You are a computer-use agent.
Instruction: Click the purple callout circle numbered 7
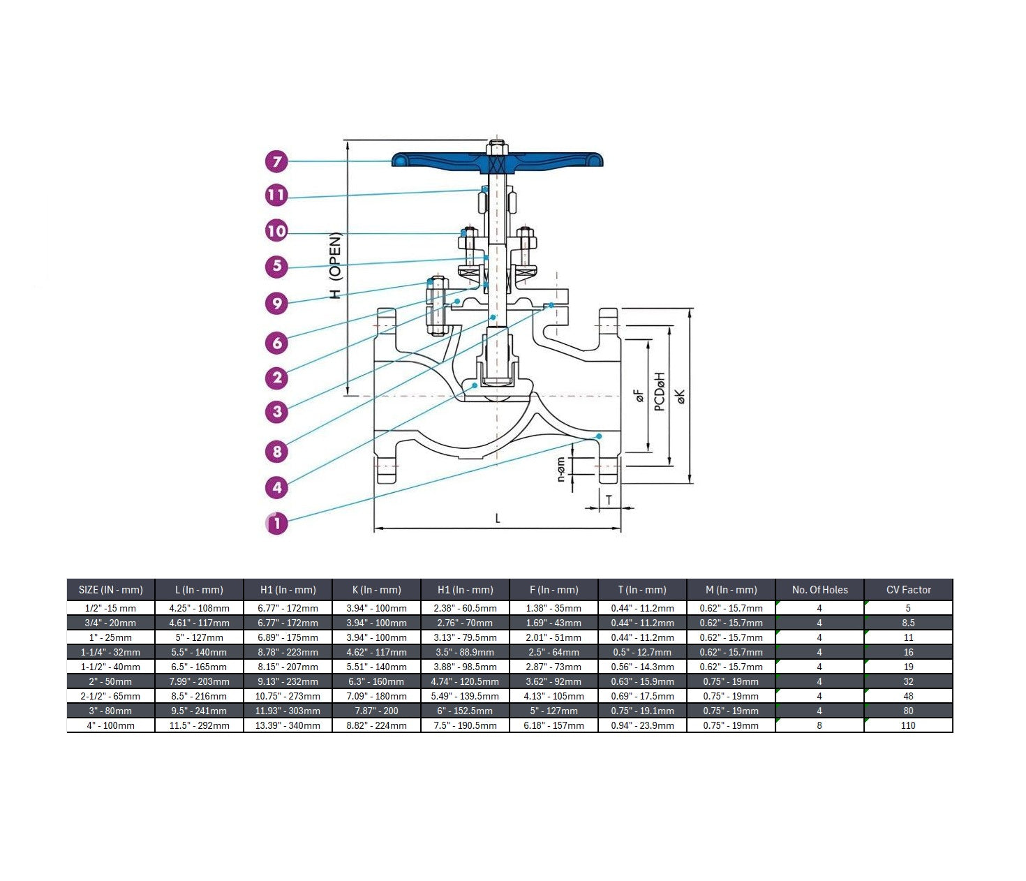(x=277, y=162)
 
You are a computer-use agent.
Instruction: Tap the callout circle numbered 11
(x=277, y=195)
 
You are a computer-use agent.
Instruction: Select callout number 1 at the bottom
(x=277, y=522)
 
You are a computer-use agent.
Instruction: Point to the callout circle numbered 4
(x=277, y=487)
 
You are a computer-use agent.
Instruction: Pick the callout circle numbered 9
(x=277, y=303)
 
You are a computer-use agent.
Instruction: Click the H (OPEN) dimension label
(x=336, y=266)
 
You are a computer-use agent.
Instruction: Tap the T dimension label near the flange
(x=609, y=500)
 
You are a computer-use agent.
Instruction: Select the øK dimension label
(x=681, y=396)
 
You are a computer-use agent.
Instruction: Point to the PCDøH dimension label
(x=660, y=392)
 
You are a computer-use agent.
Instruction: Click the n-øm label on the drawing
(x=561, y=470)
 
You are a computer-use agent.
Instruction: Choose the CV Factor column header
(x=908, y=590)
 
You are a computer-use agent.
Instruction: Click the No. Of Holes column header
(x=819, y=590)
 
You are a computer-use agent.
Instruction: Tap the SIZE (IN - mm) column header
(x=111, y=590)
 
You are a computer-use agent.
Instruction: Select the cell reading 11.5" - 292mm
(x=199, y=725)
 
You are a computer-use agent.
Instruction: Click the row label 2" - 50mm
(x=111, y=681)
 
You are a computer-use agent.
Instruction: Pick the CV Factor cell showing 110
(x=908, y=725)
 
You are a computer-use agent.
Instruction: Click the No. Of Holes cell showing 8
(x=819, y=725)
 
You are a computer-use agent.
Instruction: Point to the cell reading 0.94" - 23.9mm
(x=642, y=725)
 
